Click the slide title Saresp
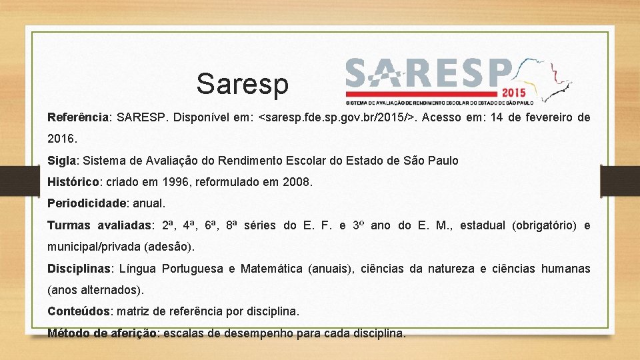click(243, 84)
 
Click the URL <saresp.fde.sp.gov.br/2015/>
click(337, 118)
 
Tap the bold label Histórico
click(73, 182)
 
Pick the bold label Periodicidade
click(87, 203)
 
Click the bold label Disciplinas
click(79, 269)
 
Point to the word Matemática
click(271, 269)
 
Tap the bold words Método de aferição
click(103, 333)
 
